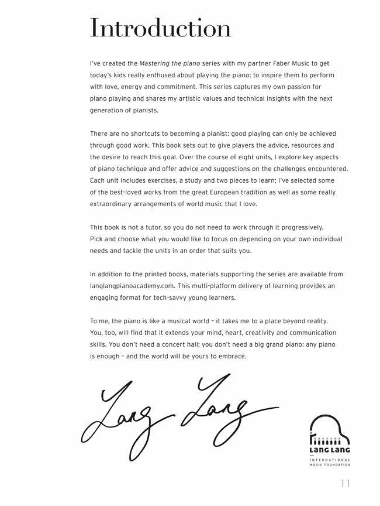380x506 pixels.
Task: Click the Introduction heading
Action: tap(160, 28)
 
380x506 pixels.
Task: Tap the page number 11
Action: tap(344, 484)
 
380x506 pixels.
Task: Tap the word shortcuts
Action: tap(140, 134)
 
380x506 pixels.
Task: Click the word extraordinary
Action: tap(113, 204)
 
